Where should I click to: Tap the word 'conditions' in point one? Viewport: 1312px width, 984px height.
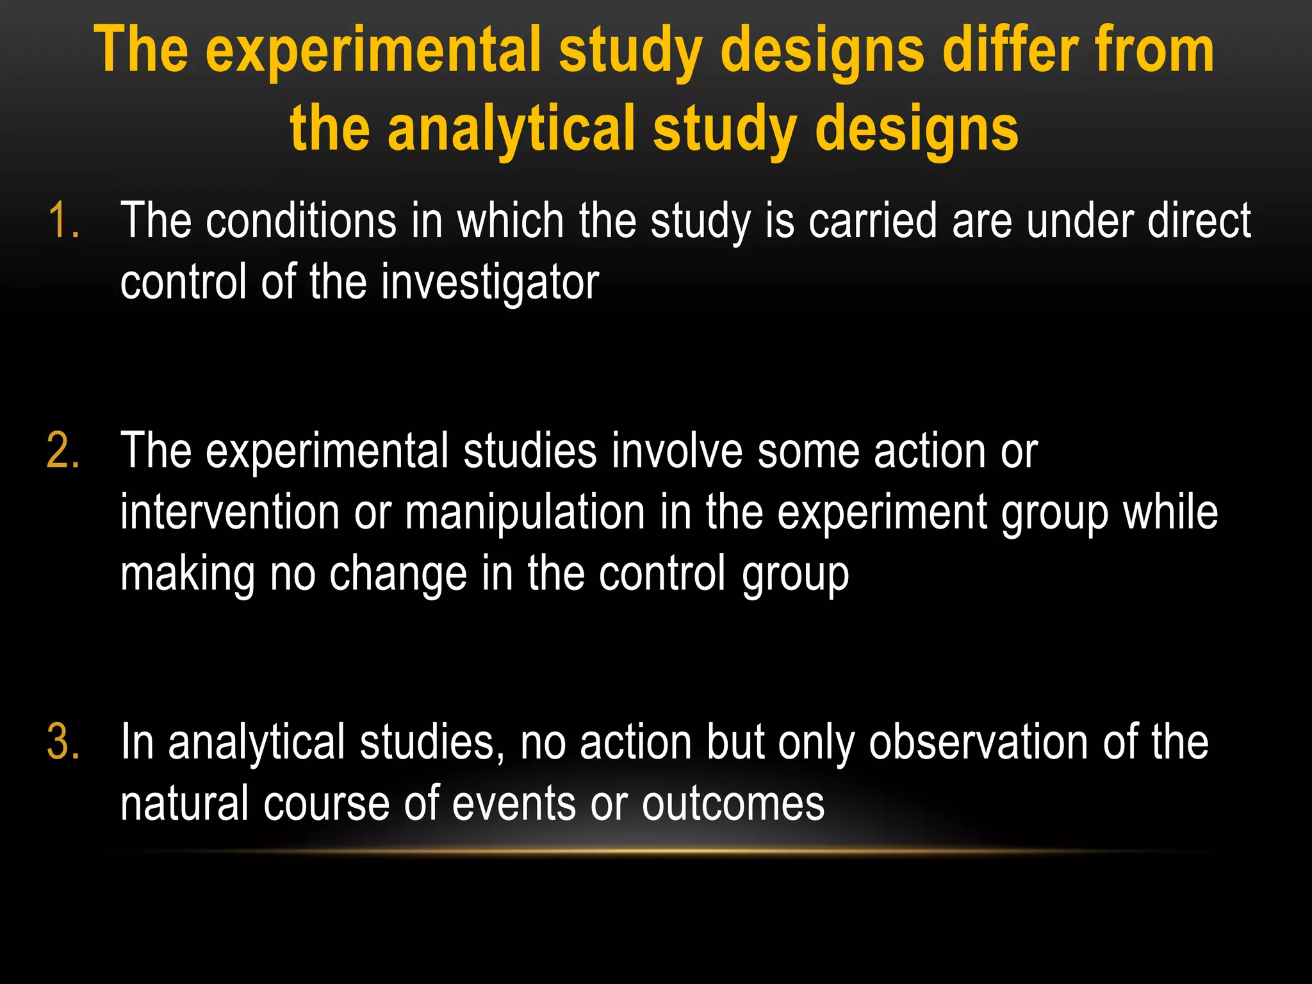pos(301,221)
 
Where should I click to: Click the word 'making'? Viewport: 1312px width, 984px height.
pos(188,574)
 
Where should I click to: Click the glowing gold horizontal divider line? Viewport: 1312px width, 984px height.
pos(666,851)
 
